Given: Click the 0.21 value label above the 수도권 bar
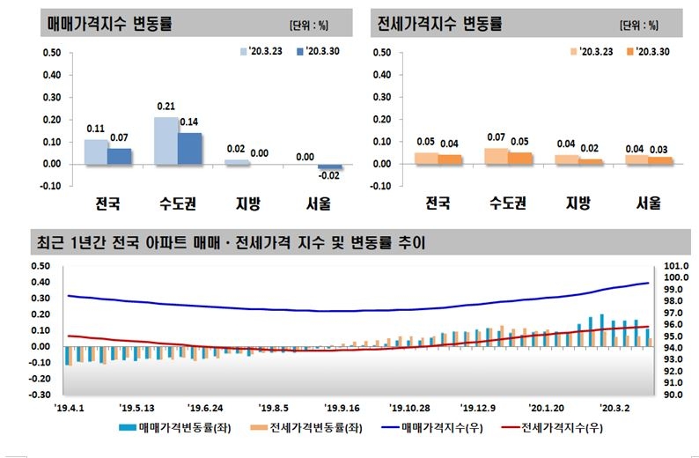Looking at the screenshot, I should [x=166, y=107].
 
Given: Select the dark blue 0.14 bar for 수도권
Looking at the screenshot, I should [x=189, y=148].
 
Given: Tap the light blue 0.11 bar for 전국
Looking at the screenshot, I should [x=96, y=151].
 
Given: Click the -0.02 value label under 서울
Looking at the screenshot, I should [x=329, y=175].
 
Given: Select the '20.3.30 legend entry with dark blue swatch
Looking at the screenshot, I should [x=321, y=51].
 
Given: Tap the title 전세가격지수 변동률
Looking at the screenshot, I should [x=438, y=24].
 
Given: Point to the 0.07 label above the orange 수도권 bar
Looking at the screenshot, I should [x=497, y=138].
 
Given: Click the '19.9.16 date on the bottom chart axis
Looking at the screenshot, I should [x=342, y=408].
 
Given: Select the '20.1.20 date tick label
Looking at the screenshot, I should [x=546, y=408].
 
